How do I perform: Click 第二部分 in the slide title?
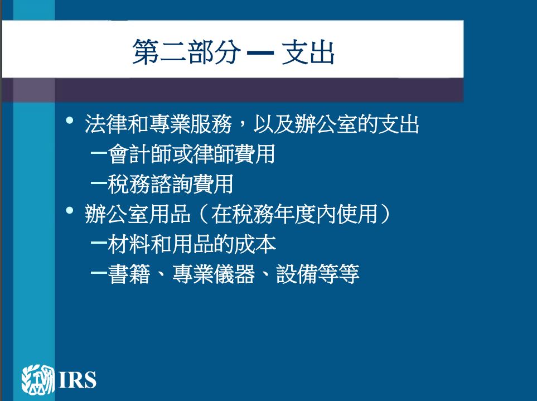[187, 52]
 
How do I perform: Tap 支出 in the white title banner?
[308, 52]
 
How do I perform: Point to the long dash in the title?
[260, 53]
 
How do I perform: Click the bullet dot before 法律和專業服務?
[70, 120]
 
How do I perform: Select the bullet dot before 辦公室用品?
[70, 210]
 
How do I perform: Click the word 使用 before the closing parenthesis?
[357, 214]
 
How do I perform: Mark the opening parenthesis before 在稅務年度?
[204, 214]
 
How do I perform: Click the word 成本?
[255, 244]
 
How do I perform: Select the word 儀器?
[234, 274]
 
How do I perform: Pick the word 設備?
[297, 274]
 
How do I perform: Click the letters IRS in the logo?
[78, 380]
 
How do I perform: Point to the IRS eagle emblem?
[38, 379]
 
